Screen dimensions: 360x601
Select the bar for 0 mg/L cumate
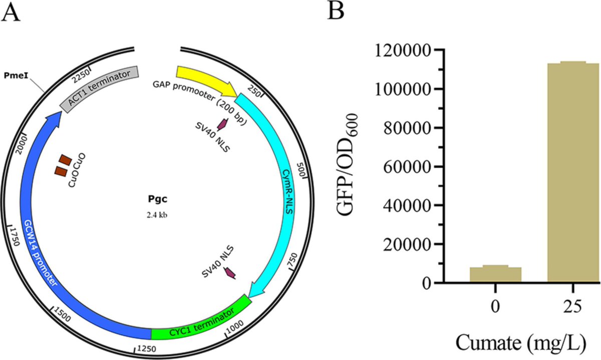[495, 274]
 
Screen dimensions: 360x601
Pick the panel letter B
[335, 11]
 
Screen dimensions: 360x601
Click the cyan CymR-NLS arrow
[280, 190]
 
